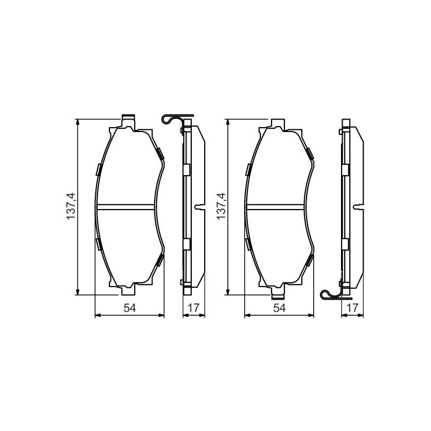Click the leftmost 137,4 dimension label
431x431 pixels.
tap(71, 206)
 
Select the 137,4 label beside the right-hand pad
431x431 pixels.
tap(221, 206)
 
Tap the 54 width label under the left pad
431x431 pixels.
tap(129, 308)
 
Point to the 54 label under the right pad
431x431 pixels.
tap(279, 308)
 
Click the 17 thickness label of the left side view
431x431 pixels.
tap(193, 308)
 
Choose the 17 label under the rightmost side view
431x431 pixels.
tap(352, 308)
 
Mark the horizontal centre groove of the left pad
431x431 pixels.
tap(126, 207)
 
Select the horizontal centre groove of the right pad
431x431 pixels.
tap(275, 207)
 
